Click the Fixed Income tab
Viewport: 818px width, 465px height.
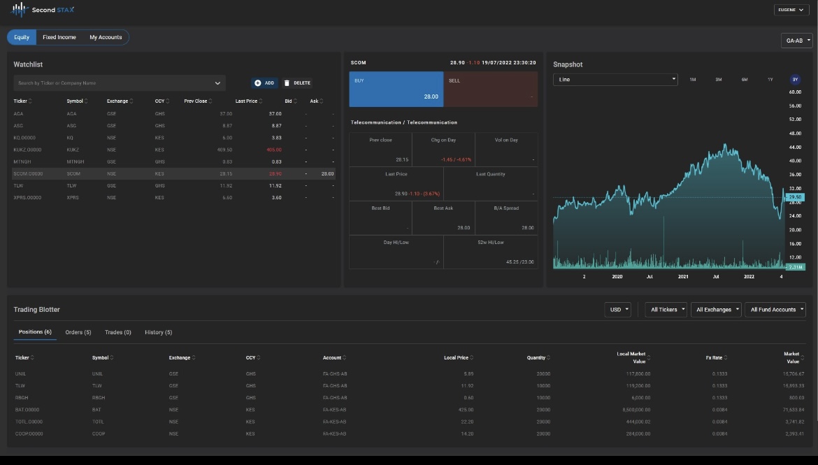59,37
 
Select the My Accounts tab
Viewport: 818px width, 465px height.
106,37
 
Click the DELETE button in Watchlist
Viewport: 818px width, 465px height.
298,83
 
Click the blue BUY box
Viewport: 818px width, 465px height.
396,89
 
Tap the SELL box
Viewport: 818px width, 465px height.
491,89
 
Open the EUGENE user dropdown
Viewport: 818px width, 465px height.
791,10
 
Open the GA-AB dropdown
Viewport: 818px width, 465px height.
797,41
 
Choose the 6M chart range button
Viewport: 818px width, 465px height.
745,80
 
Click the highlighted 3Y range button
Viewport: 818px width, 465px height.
796,80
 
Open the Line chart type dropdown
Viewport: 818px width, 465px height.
615,80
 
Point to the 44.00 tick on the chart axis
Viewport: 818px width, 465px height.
794,147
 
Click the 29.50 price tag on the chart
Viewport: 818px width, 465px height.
795,198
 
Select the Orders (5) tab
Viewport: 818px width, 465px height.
78,332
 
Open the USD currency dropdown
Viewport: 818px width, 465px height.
618,309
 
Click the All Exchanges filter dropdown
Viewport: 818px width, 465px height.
717,309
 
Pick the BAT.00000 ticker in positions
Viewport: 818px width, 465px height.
27,409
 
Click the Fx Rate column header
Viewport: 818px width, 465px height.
714,357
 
